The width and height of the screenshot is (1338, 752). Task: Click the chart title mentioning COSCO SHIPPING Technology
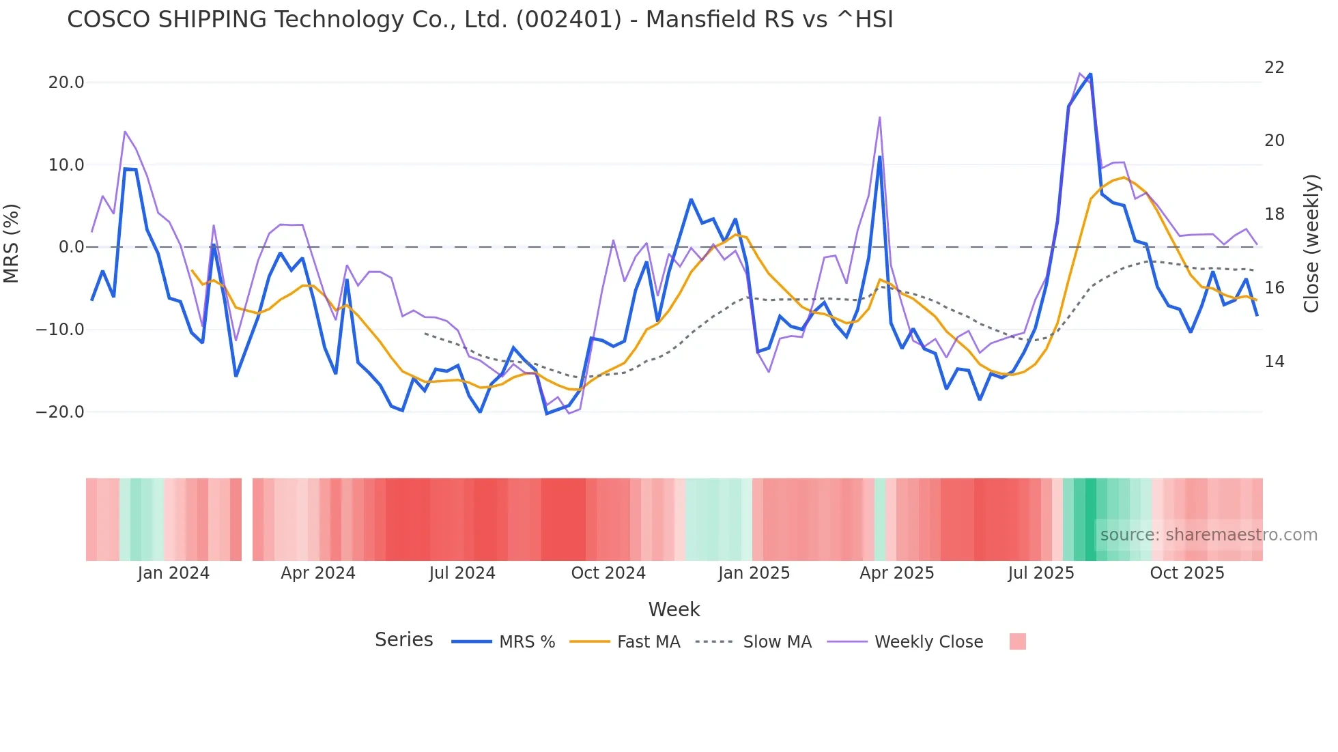pyautogui.click(x=480, y=20)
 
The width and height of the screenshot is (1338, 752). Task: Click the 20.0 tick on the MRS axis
pyautogui.click(x=66, y=83)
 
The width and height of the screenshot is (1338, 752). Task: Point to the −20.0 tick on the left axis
pyautogui.click(x=60, y=412)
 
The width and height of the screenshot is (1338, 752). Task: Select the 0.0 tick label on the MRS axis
pyautogui.click(x=71, y=247)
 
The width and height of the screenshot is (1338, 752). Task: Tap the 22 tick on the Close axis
pyautogui.click(x=1274, y=68)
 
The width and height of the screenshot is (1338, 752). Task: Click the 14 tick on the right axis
pyautogui.click(x=1274, y=362)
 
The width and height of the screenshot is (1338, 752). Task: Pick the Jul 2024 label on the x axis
pyautogui.click(x=462, y=573)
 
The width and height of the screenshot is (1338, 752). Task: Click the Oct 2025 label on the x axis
pyautogui.click(x=1187, y=573)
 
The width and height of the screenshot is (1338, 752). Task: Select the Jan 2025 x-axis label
pyautogui.click(x=754, y=573)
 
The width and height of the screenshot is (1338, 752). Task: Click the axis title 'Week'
pyautogui.click(x=674, y=609)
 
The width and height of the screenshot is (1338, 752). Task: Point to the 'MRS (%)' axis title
pyautogui.click(x=12, y=244)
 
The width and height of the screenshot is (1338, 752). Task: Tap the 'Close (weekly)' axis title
pyautogui.click(x=1311, y=244)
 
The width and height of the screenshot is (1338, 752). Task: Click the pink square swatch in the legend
pyautogui.click(x=1017, y=642)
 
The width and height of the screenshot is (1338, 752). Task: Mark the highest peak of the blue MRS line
pyautogui.click(x=1090, y=74)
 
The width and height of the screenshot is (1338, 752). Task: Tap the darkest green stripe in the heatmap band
pyautogui.click(x=1091, y=519)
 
